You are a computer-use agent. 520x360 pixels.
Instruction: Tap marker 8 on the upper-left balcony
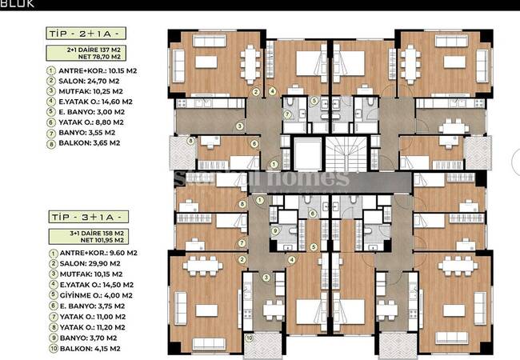click(190, 142)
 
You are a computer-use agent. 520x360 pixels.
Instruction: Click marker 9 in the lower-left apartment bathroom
click(275, 231)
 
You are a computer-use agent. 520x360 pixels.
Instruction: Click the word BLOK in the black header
click(18, 3)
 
